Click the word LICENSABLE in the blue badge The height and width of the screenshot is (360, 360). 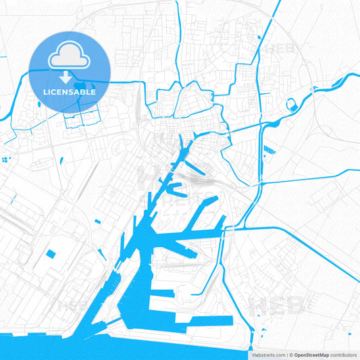pyautogui.click(x=70, y=91)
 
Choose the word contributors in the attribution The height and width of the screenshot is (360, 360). pyautogui.click(x=342, y=354)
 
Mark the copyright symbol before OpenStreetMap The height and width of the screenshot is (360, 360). pyautogui.click(x=291, y=354)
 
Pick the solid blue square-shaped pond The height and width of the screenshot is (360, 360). pyautogui.click(x=51, y=254)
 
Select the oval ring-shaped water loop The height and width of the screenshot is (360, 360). pyautogui.click(x=292, y=105)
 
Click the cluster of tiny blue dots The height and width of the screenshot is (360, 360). pyautogui.click(x=6, y=159)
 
